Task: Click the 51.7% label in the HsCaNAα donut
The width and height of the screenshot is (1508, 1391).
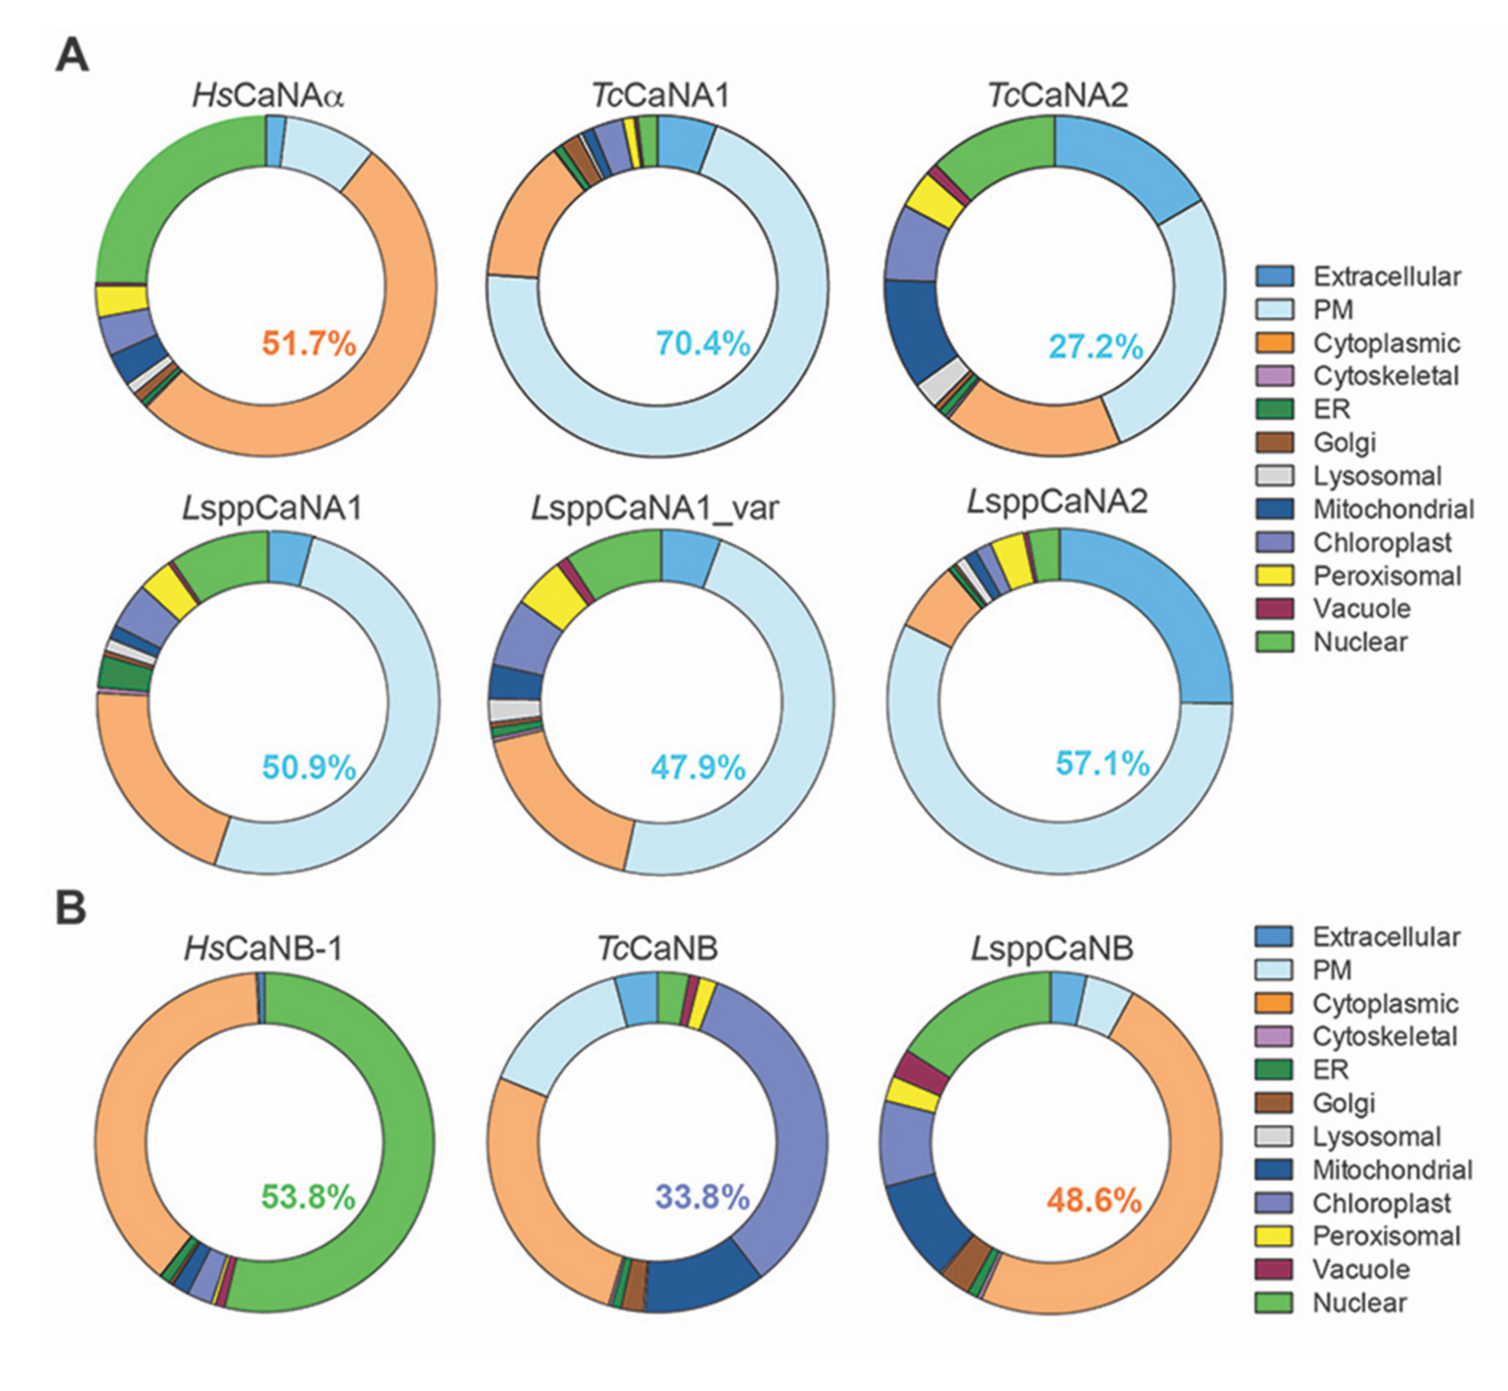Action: (308, 344)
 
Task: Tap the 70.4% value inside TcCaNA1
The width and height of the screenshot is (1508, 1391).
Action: (703, 344)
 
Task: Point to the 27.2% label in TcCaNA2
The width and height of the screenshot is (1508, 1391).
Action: (1096, 347)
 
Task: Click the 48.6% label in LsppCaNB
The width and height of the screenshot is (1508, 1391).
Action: (1094, 1200)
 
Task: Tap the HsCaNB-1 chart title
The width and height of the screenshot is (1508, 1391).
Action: (263, 949)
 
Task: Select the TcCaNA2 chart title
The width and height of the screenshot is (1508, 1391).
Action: (1058, 96)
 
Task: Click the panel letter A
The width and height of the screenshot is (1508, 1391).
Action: (72, 56)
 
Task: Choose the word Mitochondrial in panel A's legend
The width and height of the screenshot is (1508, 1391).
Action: (1393, 509)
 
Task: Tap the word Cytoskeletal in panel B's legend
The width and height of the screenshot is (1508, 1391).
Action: (1385, 1036)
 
